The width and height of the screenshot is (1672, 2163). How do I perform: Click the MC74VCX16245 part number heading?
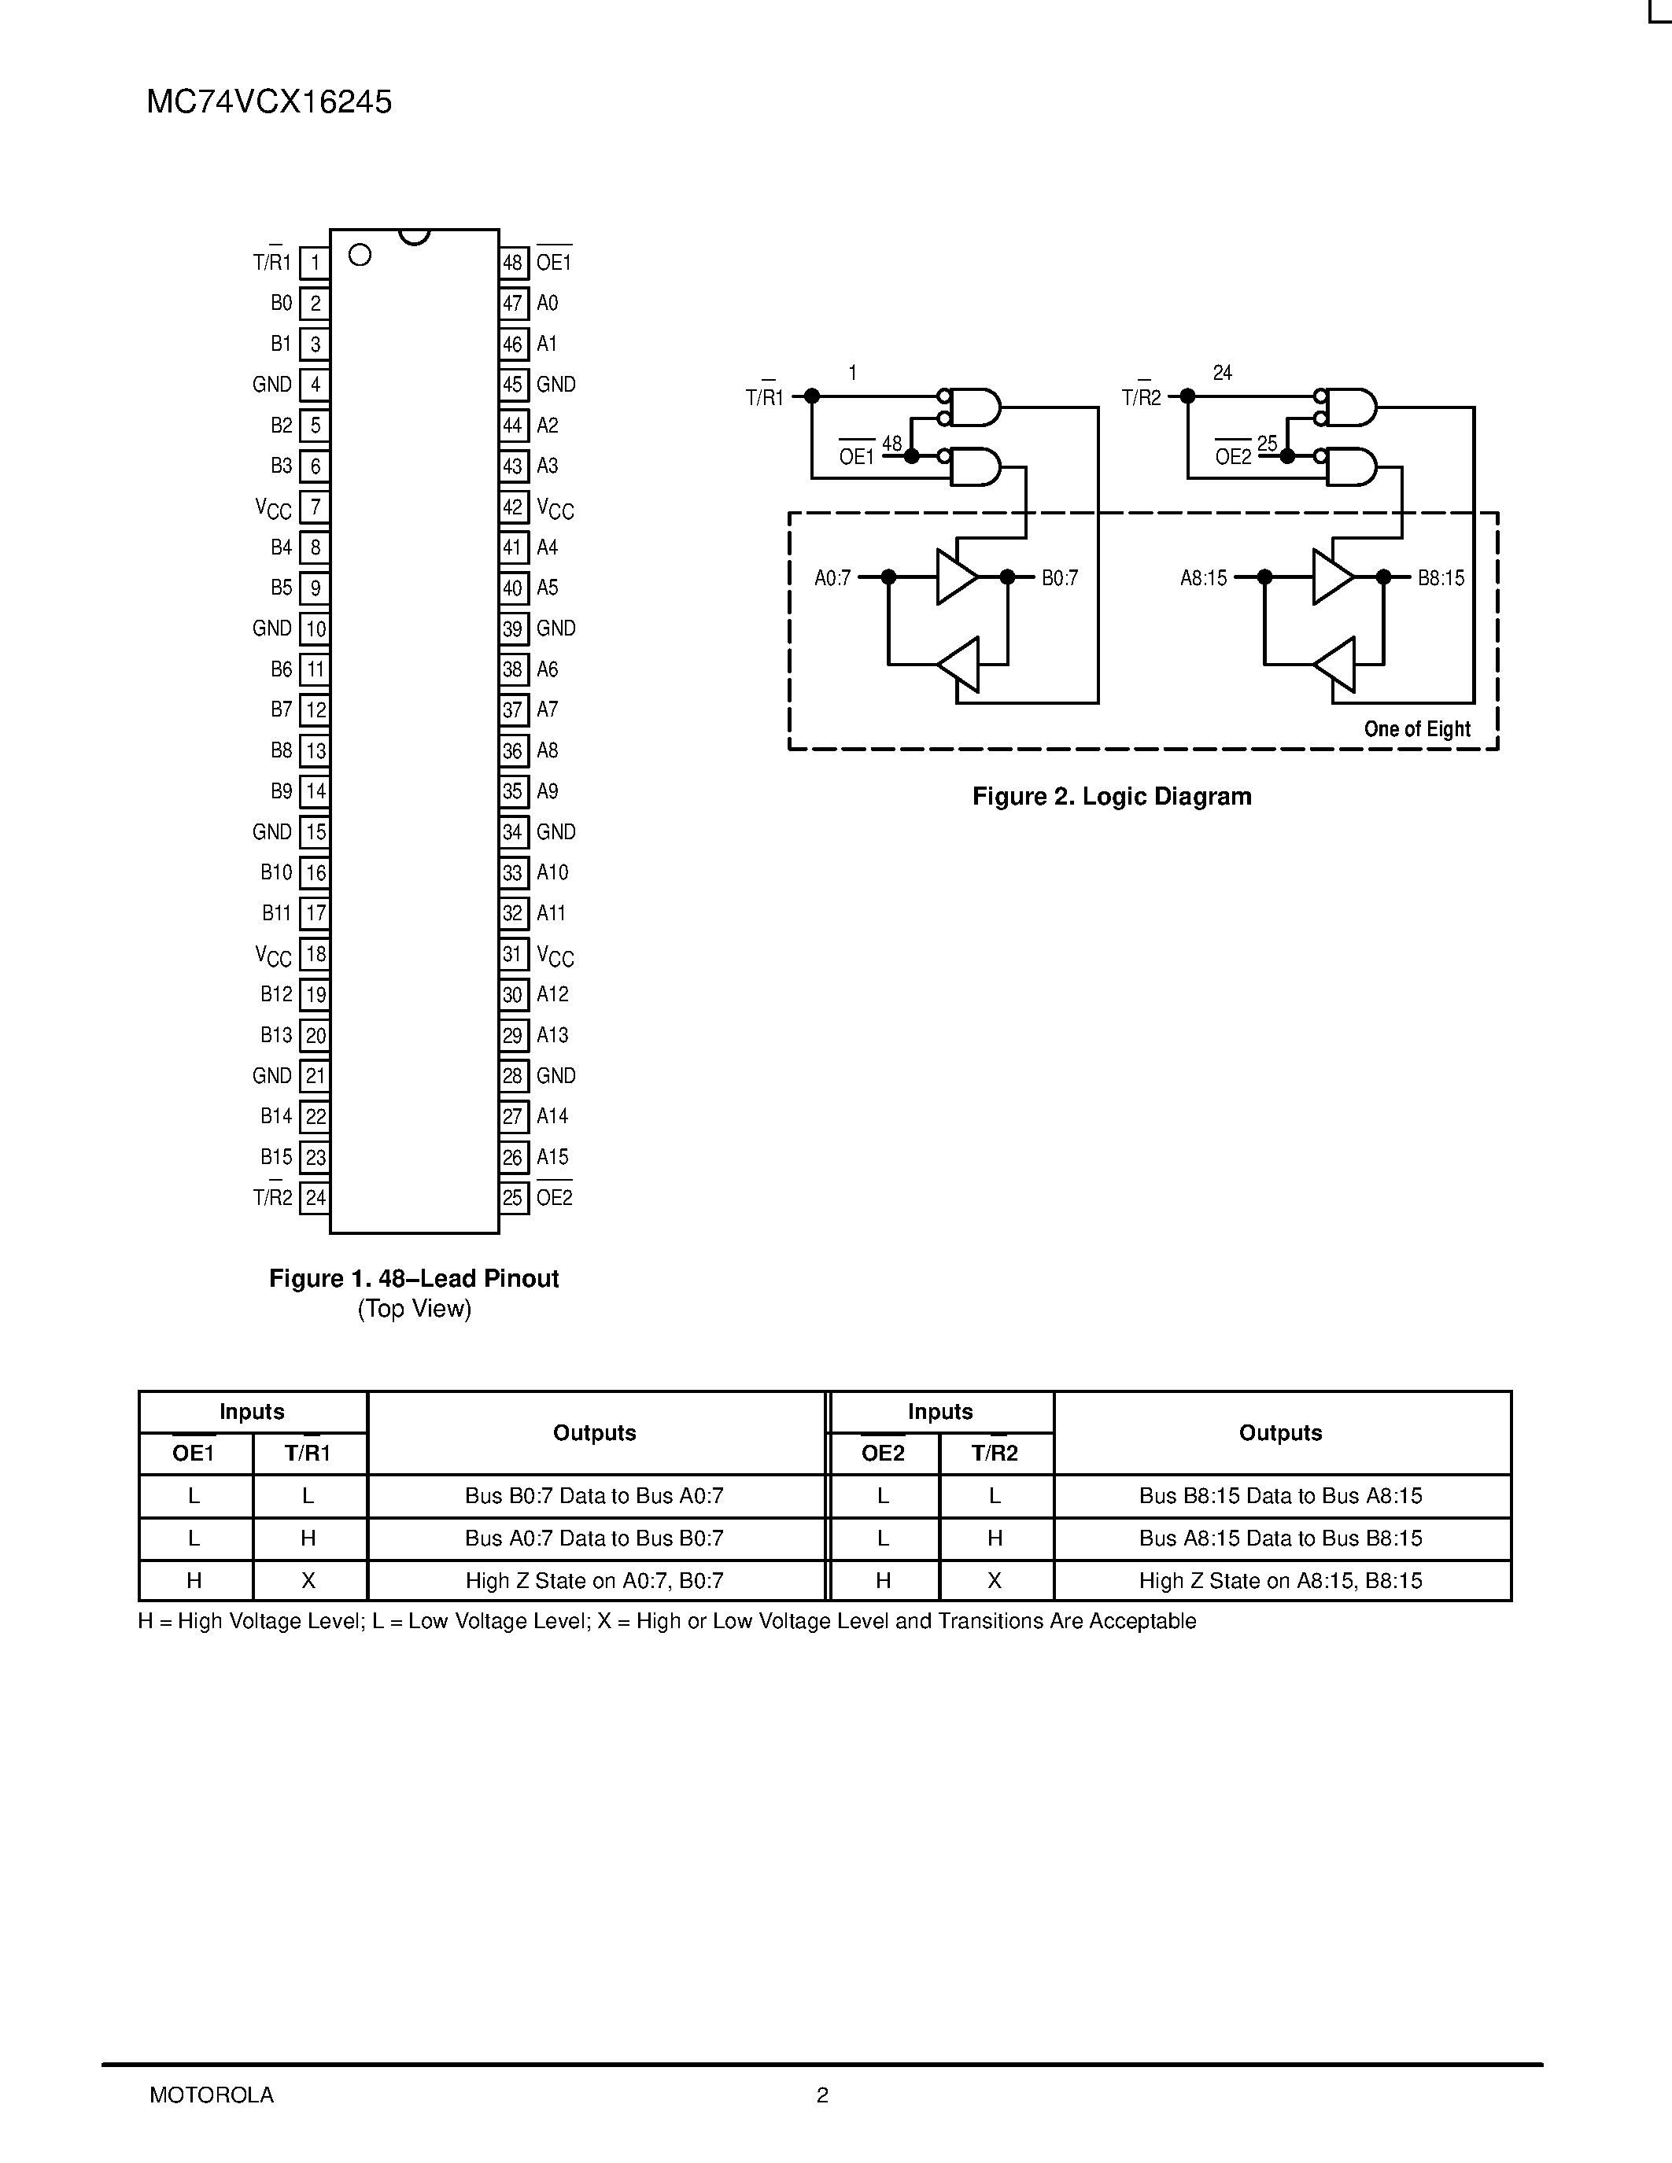coord(268,102)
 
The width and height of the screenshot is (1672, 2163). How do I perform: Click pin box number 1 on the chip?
coord(315,263)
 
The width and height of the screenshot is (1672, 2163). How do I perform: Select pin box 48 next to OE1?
coord(512,263)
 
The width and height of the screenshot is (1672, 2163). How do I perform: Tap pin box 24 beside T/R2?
coord(315,1197)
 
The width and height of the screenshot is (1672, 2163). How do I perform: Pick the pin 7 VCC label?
coord(273,508)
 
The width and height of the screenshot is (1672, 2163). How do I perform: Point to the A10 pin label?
coord(552,872)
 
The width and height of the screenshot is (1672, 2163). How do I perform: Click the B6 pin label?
coord(282,669)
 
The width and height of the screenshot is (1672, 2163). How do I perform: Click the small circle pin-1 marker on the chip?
coord(360,256)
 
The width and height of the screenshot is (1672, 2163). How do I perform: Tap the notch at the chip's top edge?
coord(414,236)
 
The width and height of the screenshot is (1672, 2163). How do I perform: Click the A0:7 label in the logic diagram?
coord(832,577)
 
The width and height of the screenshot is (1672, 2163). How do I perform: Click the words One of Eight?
coord(1416,729)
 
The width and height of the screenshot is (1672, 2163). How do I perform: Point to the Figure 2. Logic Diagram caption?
coord(1111,796)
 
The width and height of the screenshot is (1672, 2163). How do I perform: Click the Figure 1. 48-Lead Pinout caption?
coord(414,1279)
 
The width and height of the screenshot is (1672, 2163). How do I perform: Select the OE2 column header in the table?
coord(883,1453)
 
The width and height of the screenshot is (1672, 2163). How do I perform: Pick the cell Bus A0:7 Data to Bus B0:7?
coord(594,1538)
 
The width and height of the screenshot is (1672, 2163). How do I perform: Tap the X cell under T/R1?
coord(308,1581)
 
